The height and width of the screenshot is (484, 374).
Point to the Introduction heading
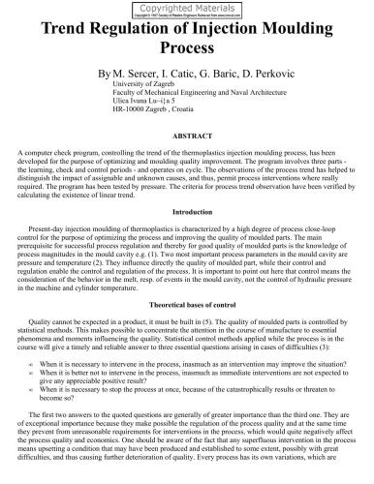pos(186,211)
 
